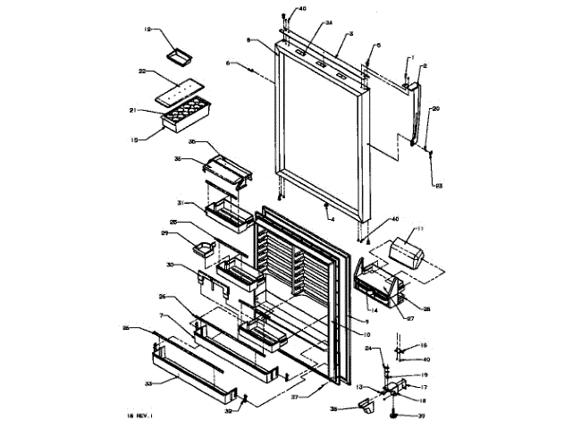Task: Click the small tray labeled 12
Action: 180,55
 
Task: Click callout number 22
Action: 142,71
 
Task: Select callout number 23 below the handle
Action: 439,186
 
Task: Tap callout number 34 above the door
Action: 304,22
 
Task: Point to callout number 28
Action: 426,309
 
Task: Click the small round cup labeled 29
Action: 203,248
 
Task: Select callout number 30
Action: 169,265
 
